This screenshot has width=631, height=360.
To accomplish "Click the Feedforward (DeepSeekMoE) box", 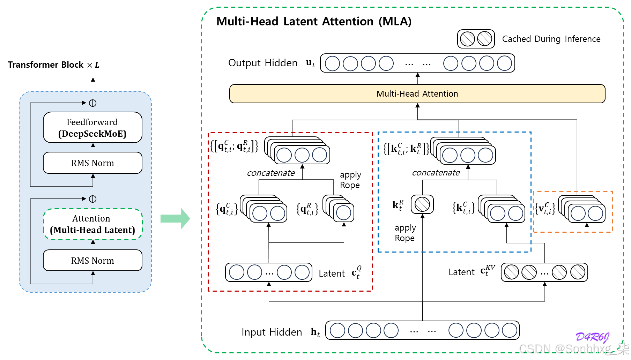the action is (x=92, y=127).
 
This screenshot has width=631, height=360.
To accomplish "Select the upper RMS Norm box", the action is (x=92, y=163).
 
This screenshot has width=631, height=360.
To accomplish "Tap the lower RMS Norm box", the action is (x=92, y=261).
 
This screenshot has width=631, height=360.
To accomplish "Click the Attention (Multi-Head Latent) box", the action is (x=92, y=224).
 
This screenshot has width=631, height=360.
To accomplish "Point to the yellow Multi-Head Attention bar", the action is (x=417, y=93).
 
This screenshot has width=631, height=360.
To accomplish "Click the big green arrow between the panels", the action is (x=175, y=219).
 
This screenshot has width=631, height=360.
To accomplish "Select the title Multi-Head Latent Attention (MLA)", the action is (x=314, y=21).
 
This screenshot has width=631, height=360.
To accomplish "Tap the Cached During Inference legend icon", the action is (x=476, y=39).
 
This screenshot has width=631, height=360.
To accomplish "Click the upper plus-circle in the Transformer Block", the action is (x=93, y=103).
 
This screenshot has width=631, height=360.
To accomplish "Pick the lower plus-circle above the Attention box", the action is (x=93, y=199).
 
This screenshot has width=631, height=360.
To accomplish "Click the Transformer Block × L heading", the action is (x=54, y=65).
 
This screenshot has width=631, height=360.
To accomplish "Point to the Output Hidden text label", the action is (x=263, y=63).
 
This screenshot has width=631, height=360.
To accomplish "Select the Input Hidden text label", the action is (x=272, y=332).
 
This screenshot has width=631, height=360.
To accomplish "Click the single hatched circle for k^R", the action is (x=422, y=204).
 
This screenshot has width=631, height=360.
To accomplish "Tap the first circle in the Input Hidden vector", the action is (x=337, y=330).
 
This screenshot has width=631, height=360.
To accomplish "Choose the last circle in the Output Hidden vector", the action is (x=504, y=63).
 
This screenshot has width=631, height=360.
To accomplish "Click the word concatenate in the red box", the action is (x=271, y=173).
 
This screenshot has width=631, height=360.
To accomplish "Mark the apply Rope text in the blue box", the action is (x=405, y=233).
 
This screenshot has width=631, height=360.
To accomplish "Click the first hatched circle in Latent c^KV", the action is (x=512, y=272).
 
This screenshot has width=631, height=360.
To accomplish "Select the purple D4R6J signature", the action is (x=593, y=337).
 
